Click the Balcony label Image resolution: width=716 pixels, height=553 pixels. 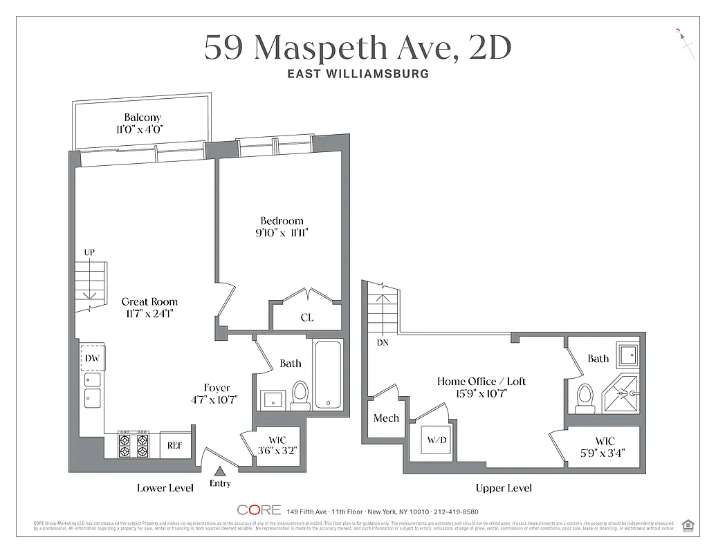pos(142,118)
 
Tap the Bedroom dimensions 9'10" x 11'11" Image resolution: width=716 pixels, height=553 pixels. pos(282,234)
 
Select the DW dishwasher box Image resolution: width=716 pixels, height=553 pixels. pos(92,357)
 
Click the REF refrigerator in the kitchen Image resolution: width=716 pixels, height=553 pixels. pos(174,445)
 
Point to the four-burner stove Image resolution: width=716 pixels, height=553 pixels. pos(134,444)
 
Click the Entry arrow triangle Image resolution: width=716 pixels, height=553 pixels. pos(220,471)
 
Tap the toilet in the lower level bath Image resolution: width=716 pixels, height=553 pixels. pos(300,394)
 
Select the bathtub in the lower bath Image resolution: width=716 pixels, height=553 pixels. pos(328,374)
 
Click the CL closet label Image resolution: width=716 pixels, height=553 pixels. pos(306,317)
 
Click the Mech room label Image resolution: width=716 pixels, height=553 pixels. pos(385,418)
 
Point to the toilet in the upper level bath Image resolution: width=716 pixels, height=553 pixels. pos(585,398)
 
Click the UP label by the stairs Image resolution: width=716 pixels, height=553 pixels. pos(89,253)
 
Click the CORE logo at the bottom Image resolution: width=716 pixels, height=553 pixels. pos(259,510)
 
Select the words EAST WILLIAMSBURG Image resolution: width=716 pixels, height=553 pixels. pos(358,73)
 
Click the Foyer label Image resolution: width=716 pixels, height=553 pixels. pos(217,388)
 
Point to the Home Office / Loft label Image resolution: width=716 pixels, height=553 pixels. pos(481,381)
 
